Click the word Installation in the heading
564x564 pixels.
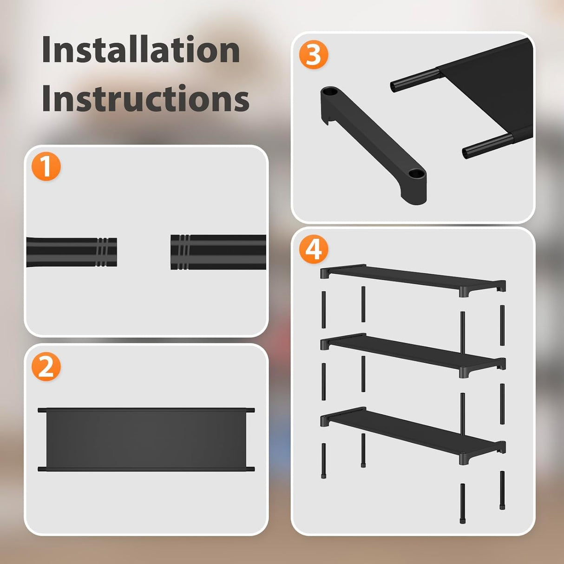coord(141,50)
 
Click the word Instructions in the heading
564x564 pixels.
coord(145,98)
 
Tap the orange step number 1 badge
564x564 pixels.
coord(46,167)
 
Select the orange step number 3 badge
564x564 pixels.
coord(314,54)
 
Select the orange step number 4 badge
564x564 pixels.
coord(314,249)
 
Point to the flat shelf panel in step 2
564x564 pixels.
coord(146,439)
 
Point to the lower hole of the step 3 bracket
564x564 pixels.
coord(416,174)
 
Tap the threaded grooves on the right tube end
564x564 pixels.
coord(182,252)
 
